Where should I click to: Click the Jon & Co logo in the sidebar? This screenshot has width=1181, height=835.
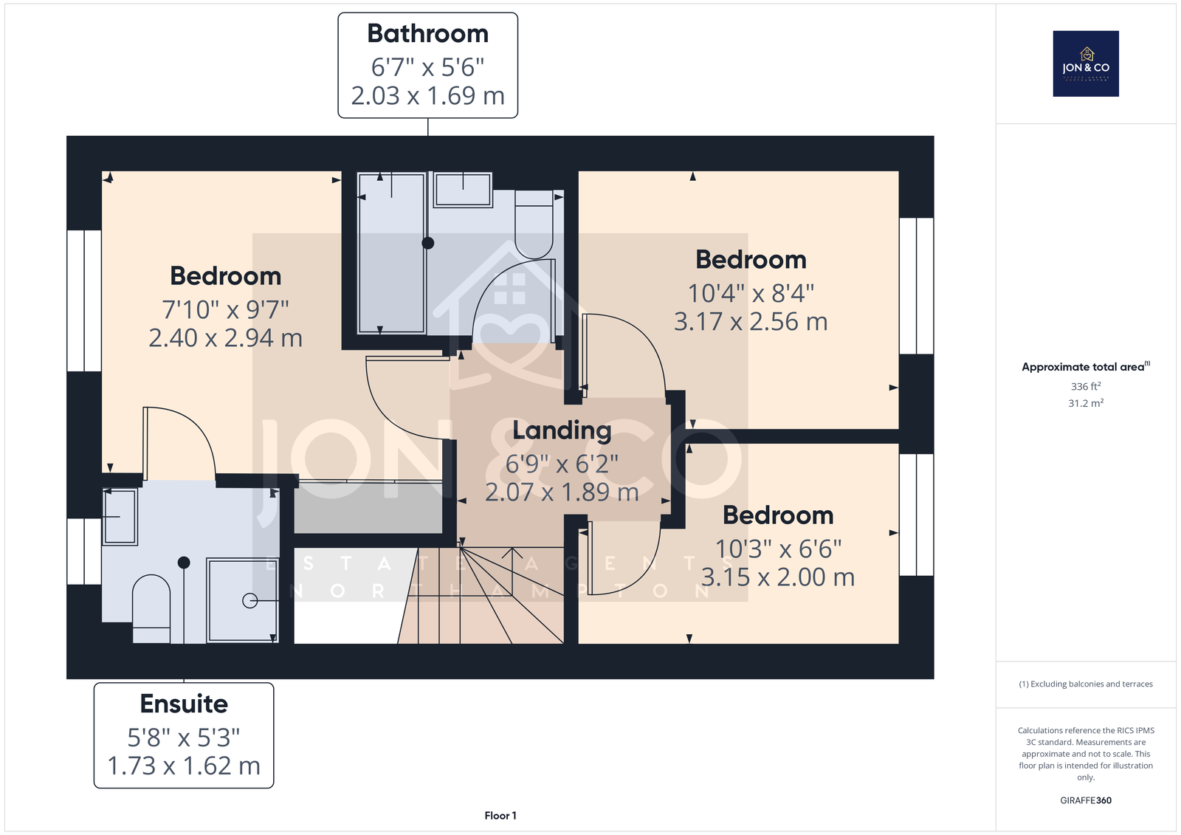click(x=1086, y=63)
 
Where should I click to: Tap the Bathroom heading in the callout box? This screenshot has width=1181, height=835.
click(x=427, y=34)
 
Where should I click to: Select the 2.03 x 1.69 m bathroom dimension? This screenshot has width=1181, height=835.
click(x=427, y=95)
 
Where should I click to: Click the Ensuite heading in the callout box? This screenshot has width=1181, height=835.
click(x=184, y=704)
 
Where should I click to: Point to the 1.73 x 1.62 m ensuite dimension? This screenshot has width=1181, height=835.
click(x=184, y=766)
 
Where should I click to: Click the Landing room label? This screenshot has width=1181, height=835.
click(x=562, y=430)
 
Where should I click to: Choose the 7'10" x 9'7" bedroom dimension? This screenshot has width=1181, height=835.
click(x=225, y=309)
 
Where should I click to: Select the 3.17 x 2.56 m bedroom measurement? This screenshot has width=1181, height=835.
click(x=751, y=321)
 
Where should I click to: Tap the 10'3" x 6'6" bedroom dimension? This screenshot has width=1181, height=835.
click(x=778, y=549)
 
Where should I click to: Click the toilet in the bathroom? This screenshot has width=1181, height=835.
click(x=534, y=224)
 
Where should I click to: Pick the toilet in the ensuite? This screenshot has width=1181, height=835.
click(x=151, y=608)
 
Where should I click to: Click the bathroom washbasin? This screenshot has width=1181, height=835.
click(x=463, y=189)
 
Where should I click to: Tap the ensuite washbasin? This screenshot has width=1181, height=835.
click(x=120, y=516)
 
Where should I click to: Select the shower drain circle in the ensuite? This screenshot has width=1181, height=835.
click(x=249, y=601)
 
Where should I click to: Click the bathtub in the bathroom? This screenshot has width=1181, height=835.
click(x=391, y=252)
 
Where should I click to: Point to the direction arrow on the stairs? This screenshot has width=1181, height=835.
click(x=512, y=571)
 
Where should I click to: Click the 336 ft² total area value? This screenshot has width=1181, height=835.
click(x=1086, y=386)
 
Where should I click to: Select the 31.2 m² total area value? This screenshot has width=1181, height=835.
click(x=1086, y=403)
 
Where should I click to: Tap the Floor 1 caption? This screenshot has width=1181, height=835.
click(x=500, y=816)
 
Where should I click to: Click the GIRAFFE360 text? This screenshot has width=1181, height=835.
click(x=1086, y=800)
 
